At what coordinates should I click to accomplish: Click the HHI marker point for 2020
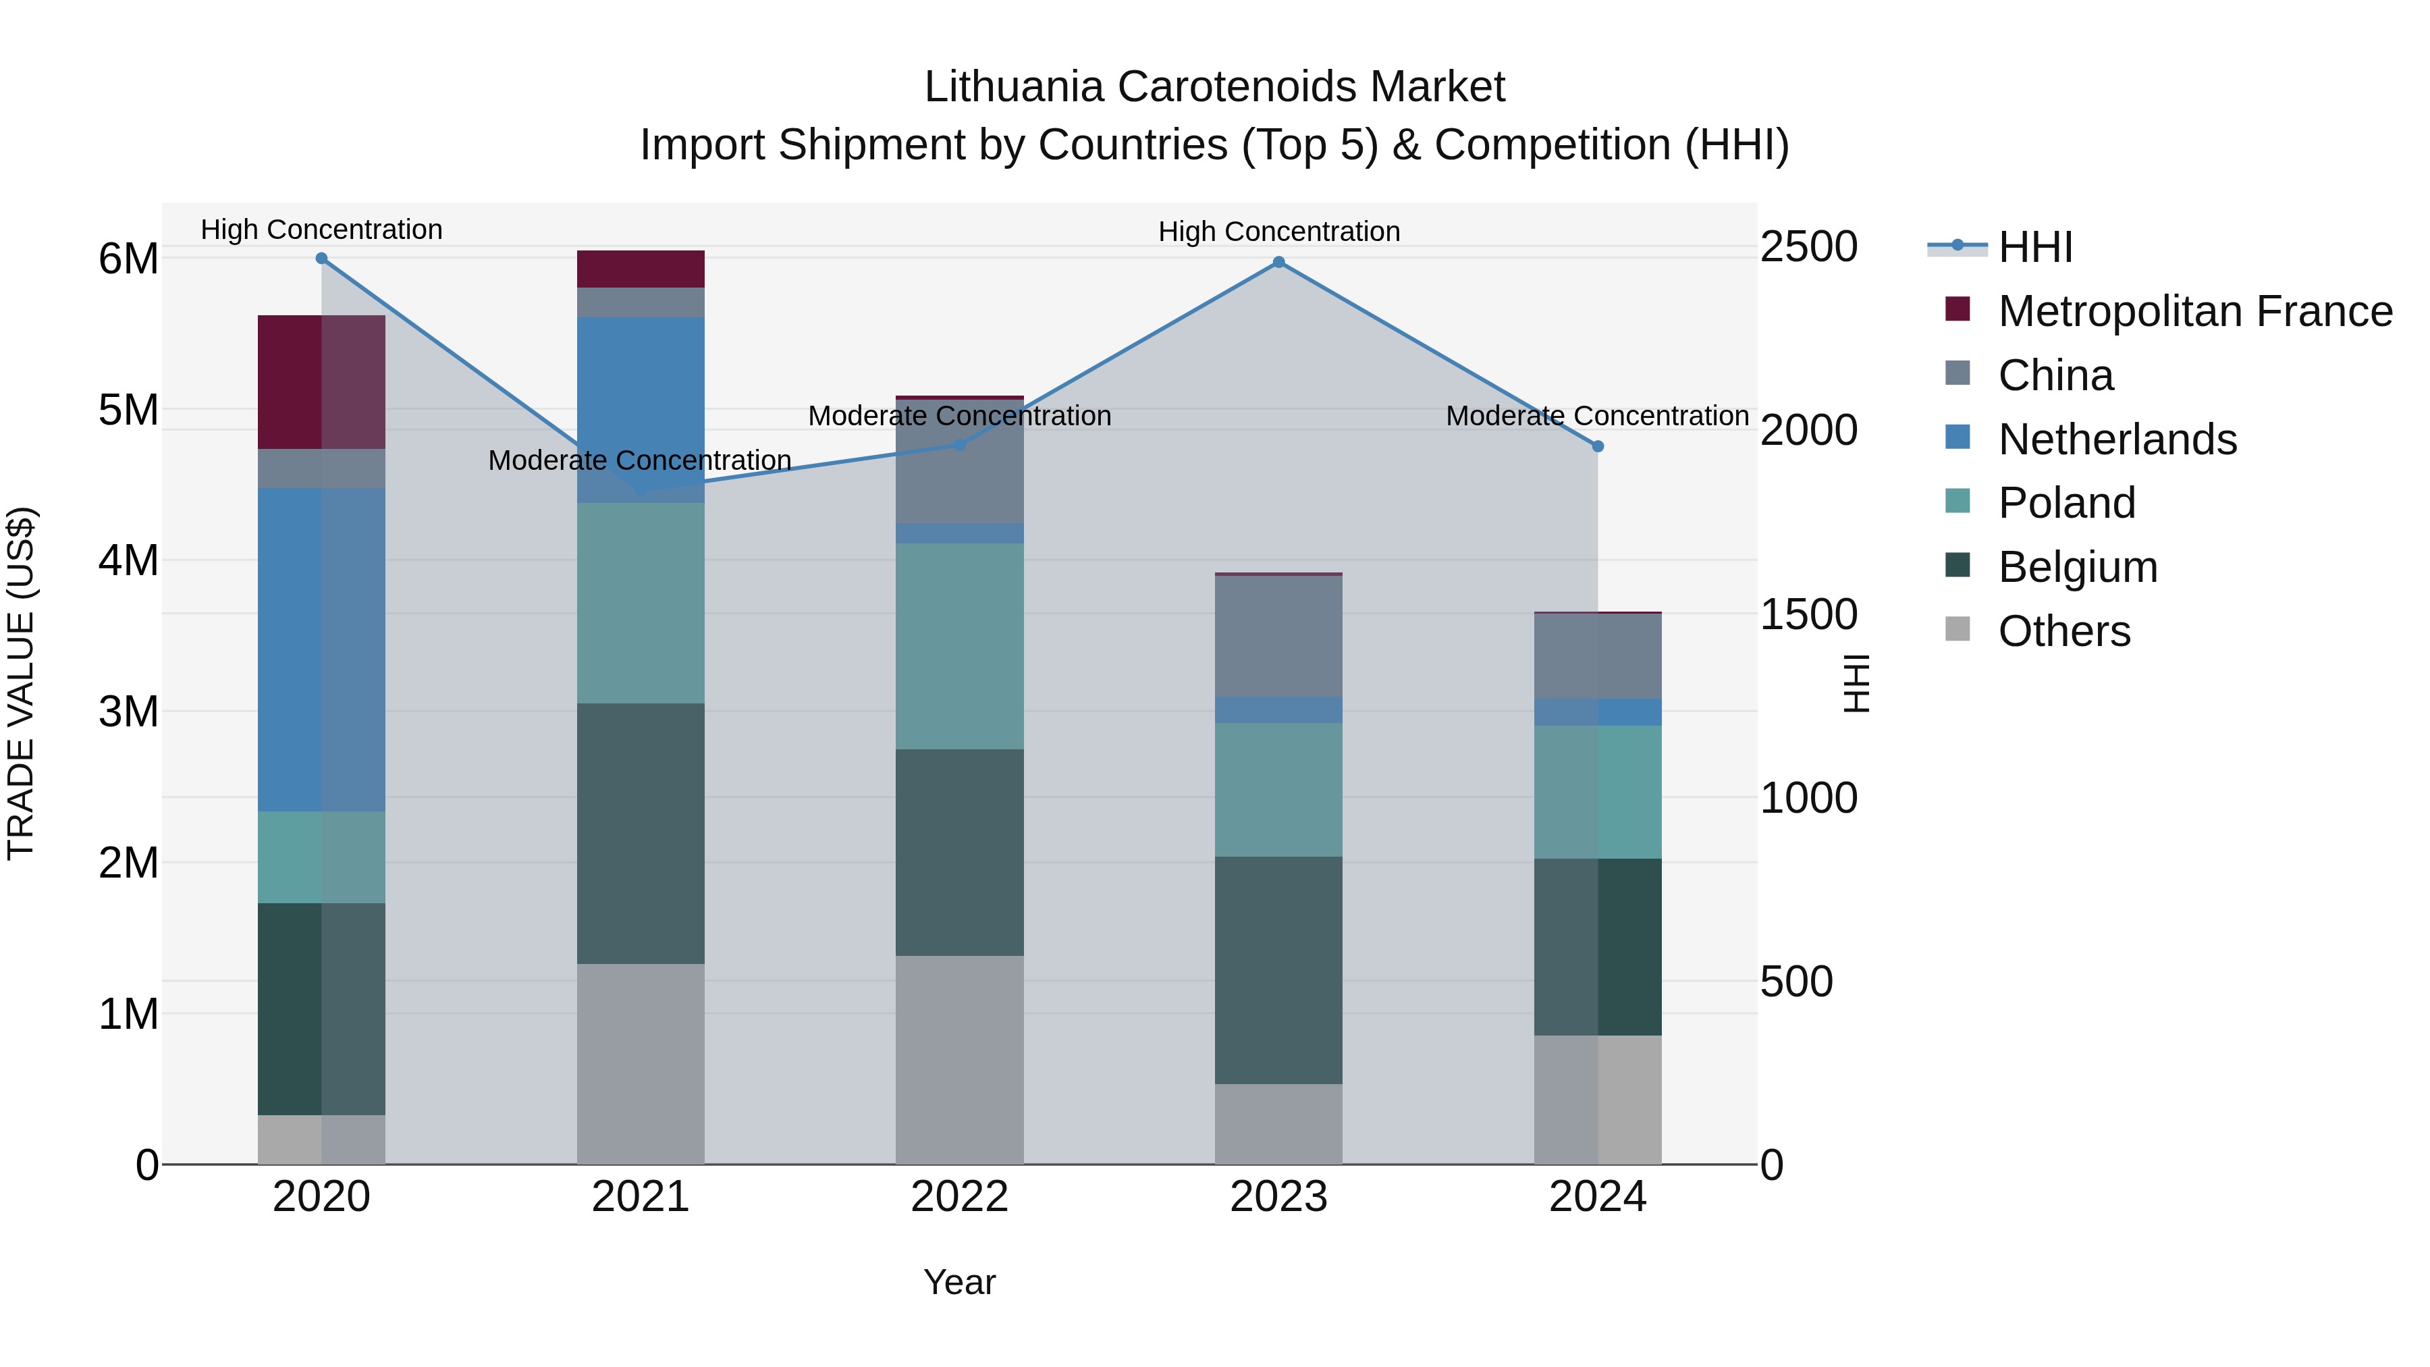tap(322, 259)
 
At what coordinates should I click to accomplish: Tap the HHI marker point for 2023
tap(1278, 263)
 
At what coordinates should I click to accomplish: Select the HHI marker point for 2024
tap(1598, 446)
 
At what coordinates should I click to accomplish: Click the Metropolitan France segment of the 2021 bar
tap(641, 269)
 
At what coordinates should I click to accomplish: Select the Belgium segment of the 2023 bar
tap(1278, 970)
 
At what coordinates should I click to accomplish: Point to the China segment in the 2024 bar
tap(1598, 655)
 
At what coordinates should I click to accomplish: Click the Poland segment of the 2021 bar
tap(641, 603)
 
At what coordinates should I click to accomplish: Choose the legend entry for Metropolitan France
tap(2194, 311)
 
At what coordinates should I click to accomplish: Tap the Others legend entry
tap(2064, 631)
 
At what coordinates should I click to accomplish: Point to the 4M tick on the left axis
tap(128, 560)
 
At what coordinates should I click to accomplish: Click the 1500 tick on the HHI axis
tap(1808, 614)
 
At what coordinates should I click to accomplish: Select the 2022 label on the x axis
tap(959, 1197)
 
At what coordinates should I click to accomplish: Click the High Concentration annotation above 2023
tap(1278, 231)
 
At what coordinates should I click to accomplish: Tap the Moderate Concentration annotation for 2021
tap(640, 460)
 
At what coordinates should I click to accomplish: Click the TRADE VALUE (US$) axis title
tap(21, 683)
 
